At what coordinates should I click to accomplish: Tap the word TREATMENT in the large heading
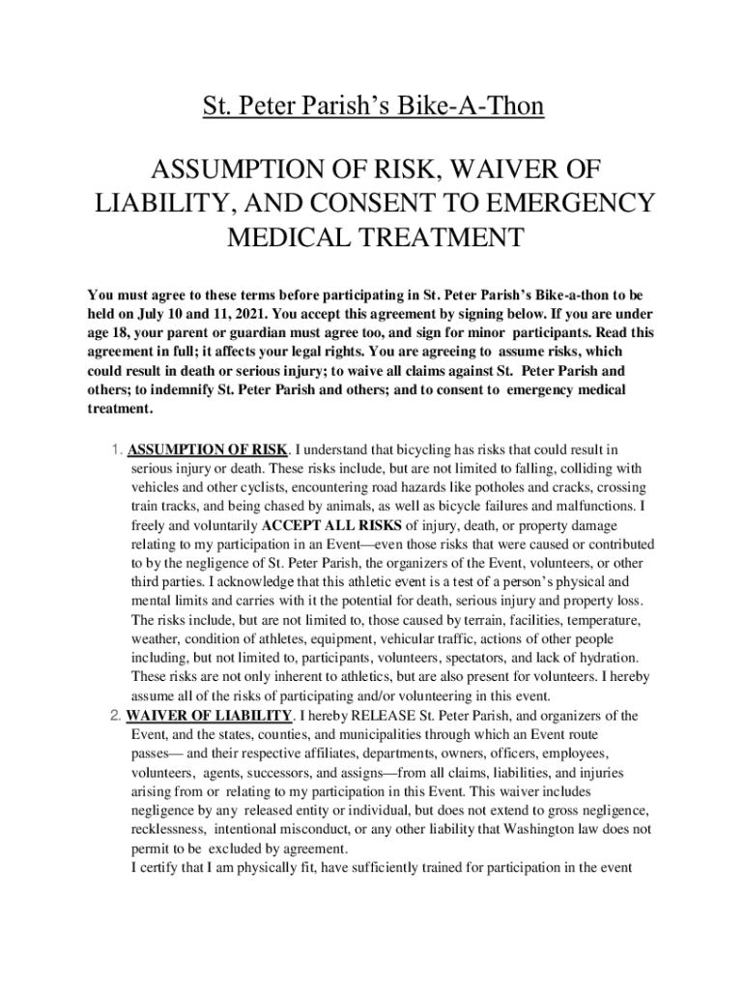[x=432, y=237]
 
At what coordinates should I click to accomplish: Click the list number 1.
[x=115, y=449]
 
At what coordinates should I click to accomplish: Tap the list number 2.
[x=115, y=715]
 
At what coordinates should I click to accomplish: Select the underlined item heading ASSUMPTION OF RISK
[x=208, y=449]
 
